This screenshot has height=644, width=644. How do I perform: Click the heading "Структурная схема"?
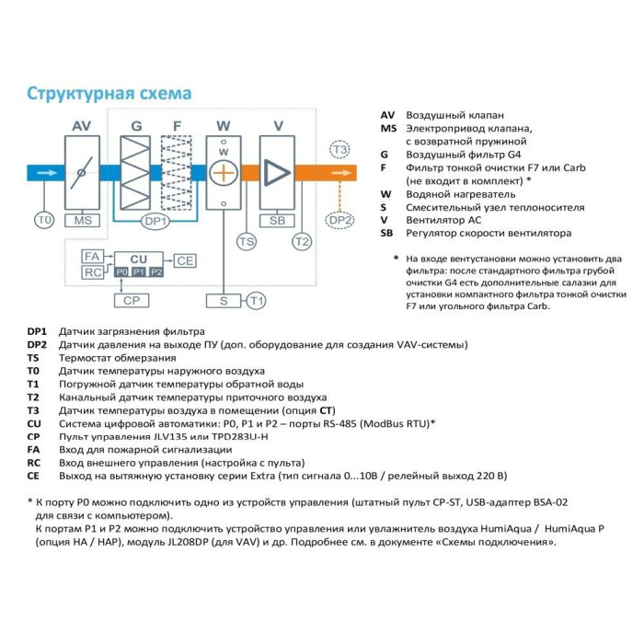click(x=109, y=94)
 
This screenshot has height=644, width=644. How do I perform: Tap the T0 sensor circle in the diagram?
click(x=44, y=220)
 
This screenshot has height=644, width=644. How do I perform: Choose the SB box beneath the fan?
click(x=276, y=220)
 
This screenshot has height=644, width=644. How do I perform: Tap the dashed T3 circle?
click(x=340, y=149)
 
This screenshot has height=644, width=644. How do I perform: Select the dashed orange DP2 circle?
click(x=340, y=220)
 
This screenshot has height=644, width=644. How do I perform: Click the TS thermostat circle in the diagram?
click(x=246, y=241)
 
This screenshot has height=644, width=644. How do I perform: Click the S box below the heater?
click(x=224, y=300)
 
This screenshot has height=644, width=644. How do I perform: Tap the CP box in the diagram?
click(x=130, y=300)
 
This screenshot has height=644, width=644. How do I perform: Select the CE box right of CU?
click(x=185, y=260)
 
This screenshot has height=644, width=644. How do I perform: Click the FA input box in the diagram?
click(x=92, y=256)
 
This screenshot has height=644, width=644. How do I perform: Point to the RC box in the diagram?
click(x=92, y=272)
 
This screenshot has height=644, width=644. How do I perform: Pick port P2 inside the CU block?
click(x=155, y=272)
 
